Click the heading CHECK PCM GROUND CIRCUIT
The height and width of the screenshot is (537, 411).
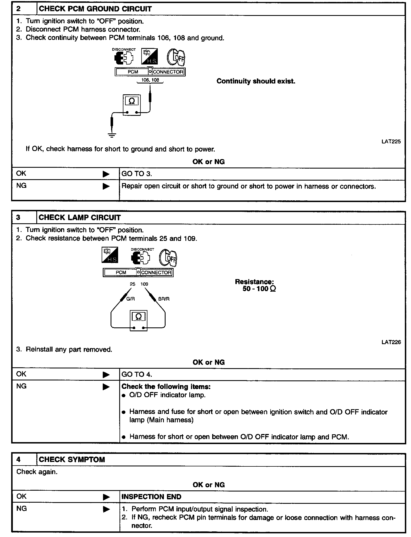click(x=95, y=9)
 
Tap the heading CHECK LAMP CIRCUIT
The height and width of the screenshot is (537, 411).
click(x=80, y=218)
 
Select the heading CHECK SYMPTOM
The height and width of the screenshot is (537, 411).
click(x=72, y=460)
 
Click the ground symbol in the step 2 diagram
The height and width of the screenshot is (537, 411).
click(x=112, y=135)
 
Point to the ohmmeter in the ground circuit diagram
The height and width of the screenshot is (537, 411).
click(x=132, y=105)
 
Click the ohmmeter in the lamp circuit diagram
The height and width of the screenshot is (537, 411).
click(x=138, y=320)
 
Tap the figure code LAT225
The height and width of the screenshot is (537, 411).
click(x=391, y=142)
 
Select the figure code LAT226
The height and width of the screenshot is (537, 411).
click(x=391, y=342)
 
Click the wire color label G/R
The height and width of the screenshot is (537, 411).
click(x=130, y=299)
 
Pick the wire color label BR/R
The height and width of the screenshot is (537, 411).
click(x=164, y=299)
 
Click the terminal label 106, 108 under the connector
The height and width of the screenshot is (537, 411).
click(x=150, y=80)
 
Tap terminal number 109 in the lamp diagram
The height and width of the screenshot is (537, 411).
click(x=144, y=284)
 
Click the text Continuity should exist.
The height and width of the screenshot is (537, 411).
click(x=256, y=81)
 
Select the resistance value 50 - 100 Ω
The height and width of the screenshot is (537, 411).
click(x=259, y=289)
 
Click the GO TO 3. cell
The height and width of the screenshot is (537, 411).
click(x=137, y=174)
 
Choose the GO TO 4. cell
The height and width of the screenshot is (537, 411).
click(x=137, y=375)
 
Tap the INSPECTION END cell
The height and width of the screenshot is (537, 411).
click(x=151, y=497)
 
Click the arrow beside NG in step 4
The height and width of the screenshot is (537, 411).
click(x=106, y=509)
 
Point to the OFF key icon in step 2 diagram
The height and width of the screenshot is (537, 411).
click(x=176, y=57)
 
